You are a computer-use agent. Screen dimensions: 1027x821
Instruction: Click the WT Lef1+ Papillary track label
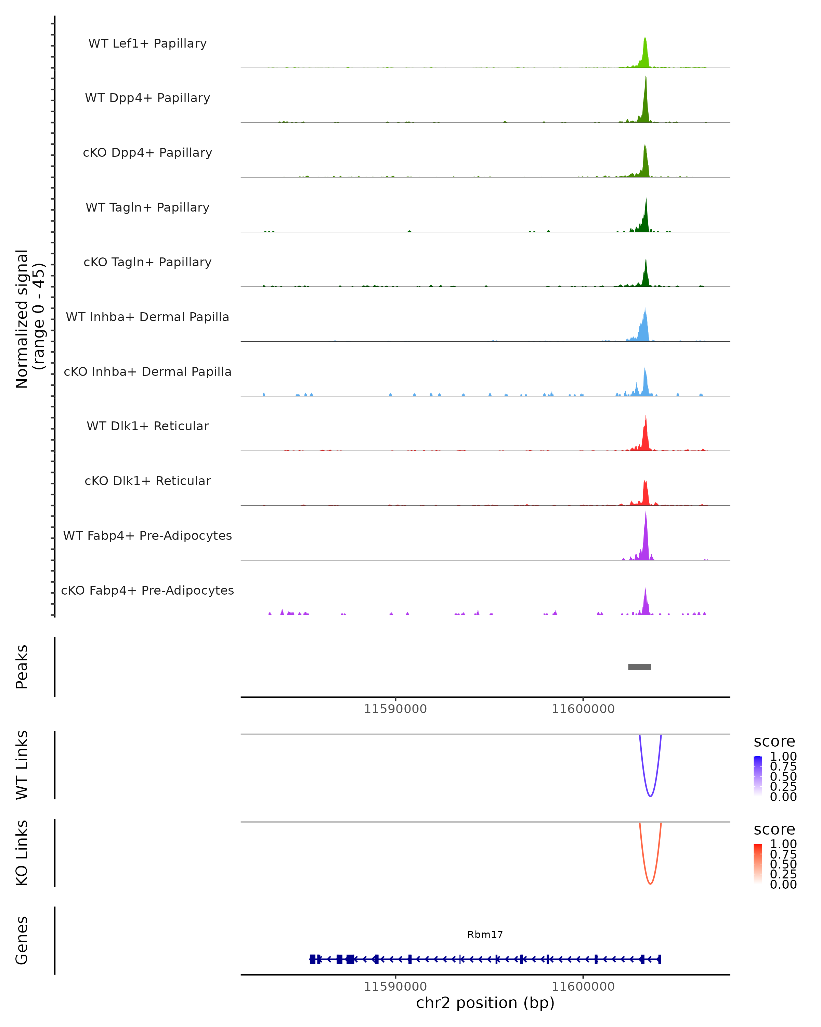[147, 43]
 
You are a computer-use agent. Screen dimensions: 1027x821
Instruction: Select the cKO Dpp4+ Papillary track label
[147, 153]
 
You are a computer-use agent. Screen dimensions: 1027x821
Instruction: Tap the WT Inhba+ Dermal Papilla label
[147, 317]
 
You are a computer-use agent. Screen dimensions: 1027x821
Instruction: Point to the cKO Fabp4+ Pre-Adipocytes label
[147, 591]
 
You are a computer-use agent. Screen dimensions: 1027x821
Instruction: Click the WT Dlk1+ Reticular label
[147, 426]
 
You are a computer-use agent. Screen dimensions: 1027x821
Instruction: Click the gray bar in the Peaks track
[639, 667]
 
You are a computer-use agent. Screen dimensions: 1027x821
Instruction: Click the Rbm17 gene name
[485, 935]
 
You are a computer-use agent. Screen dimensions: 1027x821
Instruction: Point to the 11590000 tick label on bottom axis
[395, 987]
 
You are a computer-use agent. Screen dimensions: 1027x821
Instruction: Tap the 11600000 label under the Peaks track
[583, 709]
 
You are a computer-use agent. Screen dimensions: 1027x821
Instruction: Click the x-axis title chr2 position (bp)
[485, 1003]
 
